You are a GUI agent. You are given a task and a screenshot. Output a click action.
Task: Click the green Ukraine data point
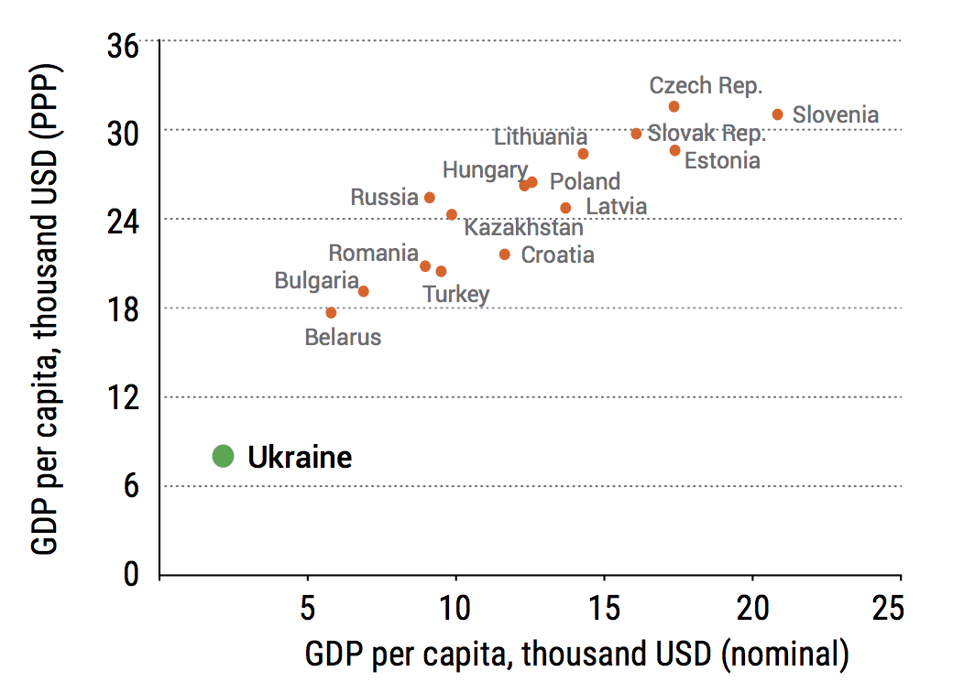223,456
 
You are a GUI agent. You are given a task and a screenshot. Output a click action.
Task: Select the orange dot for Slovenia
777,114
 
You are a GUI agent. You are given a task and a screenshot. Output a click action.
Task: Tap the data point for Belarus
331,313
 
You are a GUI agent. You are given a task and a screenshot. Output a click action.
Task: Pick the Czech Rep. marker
674,107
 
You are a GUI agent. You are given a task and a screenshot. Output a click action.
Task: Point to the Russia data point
429,198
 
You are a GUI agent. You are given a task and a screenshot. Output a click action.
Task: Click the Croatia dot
505,254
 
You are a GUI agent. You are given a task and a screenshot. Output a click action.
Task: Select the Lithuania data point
583,154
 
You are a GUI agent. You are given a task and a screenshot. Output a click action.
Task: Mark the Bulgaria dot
363,291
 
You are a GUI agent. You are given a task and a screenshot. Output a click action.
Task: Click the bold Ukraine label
300,457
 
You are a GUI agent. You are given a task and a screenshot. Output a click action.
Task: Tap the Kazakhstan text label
523,228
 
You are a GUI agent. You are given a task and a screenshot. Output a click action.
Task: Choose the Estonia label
722,161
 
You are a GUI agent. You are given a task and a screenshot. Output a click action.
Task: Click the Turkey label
455,295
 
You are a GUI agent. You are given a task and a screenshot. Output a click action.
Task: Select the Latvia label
616,207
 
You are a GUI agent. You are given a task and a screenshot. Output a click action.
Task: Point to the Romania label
374,254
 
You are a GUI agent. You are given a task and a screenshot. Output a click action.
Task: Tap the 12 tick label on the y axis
124,398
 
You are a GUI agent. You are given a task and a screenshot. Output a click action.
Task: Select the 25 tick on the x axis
887,607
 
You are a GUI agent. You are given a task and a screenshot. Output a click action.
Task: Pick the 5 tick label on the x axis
308,607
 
